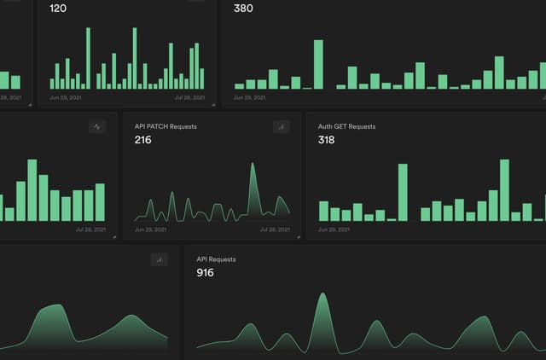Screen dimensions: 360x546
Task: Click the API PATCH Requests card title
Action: (166, 126)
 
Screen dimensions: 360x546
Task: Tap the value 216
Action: (143, 140)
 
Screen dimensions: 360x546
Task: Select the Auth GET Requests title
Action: (346, 126)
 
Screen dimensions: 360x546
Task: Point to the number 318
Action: (327, 140)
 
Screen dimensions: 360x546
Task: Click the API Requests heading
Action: (216, 258)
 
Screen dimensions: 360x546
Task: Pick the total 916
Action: (205, 273)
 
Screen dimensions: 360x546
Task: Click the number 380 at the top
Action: (243, 9)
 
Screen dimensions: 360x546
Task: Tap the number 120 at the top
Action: (59, 9)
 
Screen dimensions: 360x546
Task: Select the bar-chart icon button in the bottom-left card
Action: (159, 259)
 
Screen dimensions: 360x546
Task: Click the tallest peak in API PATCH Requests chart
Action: (253, 166)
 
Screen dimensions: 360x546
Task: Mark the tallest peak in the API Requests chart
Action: (322, 297)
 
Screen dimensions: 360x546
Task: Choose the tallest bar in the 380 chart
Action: (318, 64)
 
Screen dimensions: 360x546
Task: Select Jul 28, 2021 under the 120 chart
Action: (189, 98)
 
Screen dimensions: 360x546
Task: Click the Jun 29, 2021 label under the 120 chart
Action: (66, 98)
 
